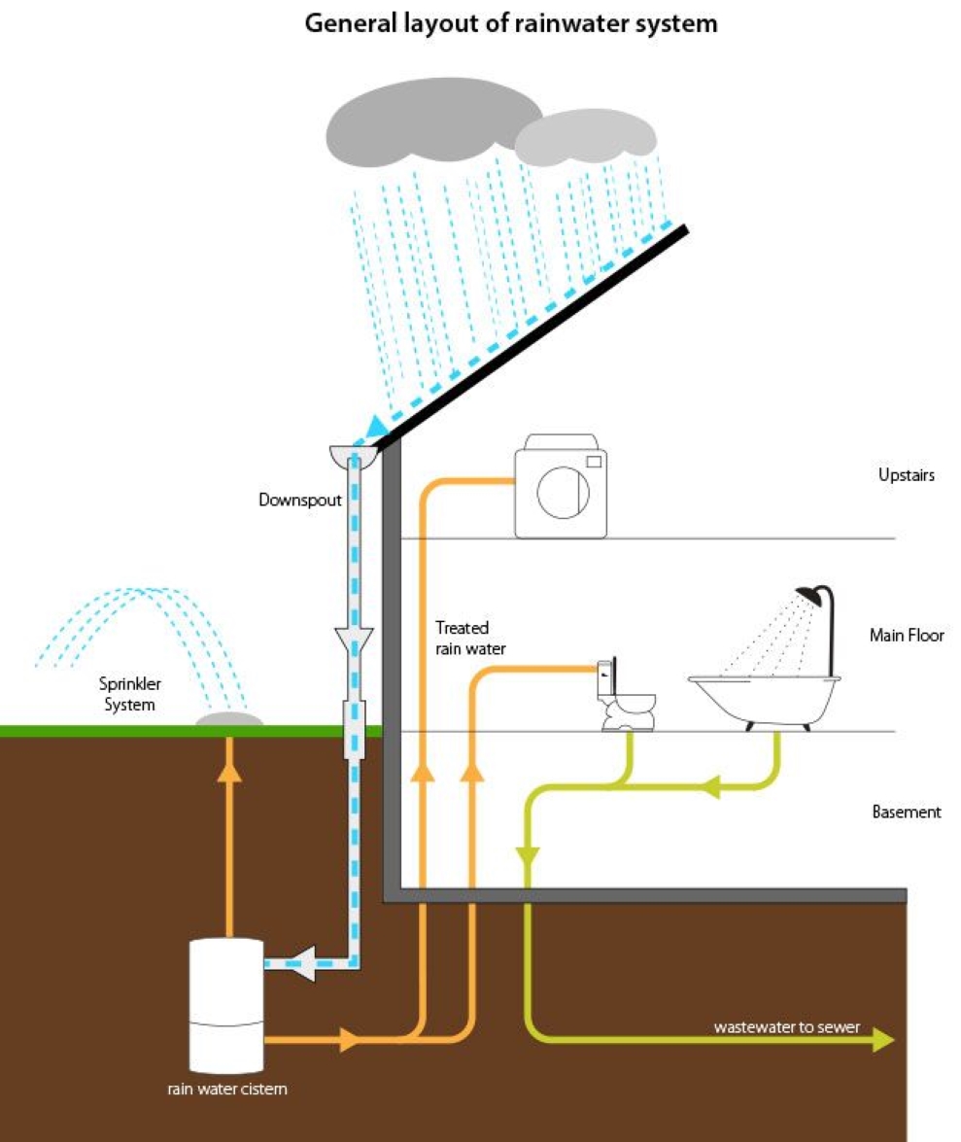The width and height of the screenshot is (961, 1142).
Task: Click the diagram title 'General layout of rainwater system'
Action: point(511,23)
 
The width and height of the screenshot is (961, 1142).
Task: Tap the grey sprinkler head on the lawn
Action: point(228,719)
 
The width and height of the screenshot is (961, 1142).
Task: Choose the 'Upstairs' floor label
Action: point(906,475)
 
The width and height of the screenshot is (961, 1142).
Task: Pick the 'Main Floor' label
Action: point(906,636)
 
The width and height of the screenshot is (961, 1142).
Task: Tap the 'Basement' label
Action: point(906,812)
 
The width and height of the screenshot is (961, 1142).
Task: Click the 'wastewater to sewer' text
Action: point(786,1026)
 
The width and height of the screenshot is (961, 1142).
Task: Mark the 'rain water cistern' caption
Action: point(226,1090)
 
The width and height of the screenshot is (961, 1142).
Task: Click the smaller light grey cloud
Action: point(584,137)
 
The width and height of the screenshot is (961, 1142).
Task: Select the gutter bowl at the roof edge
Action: point(353,455)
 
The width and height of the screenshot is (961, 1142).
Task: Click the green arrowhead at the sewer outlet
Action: point(882,1039)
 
